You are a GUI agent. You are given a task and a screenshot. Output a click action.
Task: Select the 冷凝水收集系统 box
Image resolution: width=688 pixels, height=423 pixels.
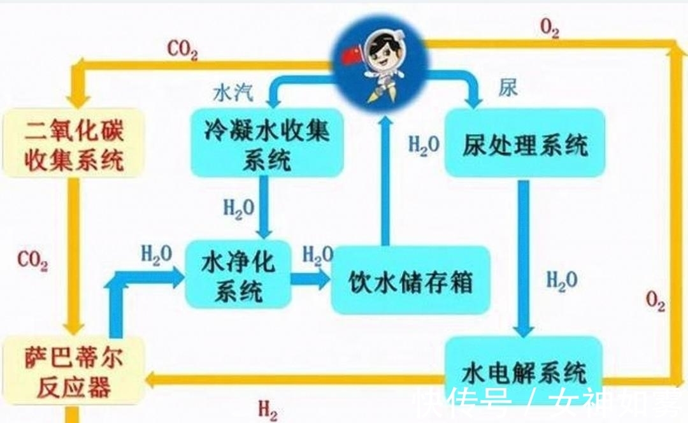pyautogui.click(x=266, y=143)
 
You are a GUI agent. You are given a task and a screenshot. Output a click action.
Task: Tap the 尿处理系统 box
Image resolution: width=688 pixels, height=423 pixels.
pyautogui.click(x=524, y=143)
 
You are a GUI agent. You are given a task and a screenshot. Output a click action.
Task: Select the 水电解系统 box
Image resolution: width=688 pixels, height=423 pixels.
pyautogui.click(x=524, y=370)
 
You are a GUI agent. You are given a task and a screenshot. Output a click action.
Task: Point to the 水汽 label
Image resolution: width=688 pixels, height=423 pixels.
pyautogui.click(x=233, y=93)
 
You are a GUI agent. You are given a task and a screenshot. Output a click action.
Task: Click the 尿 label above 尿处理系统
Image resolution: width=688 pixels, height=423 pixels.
pyautogui.click(x=508, y=88)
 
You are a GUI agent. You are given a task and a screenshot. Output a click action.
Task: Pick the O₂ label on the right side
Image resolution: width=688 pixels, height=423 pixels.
pyautogui.click(x=656, y=301)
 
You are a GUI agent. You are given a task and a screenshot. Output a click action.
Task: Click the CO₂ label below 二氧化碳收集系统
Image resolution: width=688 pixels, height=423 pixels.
pyautogui.click(x=32, y=261)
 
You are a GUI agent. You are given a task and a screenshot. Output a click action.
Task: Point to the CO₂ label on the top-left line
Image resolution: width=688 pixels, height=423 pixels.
pyautogui.click(x=182, y=49)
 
